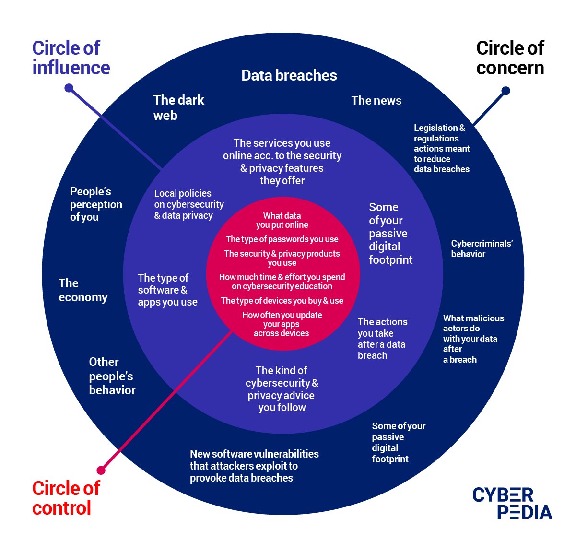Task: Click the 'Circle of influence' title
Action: [71, 58]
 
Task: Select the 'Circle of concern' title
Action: [510, 58]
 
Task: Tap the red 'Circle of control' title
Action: [66, 498]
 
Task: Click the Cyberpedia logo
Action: [512, 503]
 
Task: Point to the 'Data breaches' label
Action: [289, 75]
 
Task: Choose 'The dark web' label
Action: [178, 107]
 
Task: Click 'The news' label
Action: [376, 100]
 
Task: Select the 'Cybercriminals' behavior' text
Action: [482, 248]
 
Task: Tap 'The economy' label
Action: [83, 290]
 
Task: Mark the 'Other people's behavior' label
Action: [112, 376]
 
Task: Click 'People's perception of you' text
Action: [96, 204]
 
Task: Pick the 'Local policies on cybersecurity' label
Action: [188, 204]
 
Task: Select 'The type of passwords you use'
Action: [282, 239]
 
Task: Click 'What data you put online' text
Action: [282, 220]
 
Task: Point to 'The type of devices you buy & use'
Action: [282, 301]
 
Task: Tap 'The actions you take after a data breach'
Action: [382, 339]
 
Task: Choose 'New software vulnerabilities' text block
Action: [254, 466]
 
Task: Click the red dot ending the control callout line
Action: [101, 470]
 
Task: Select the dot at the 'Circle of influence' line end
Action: [69, 88]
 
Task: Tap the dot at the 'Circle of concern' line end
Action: [505, 91]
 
